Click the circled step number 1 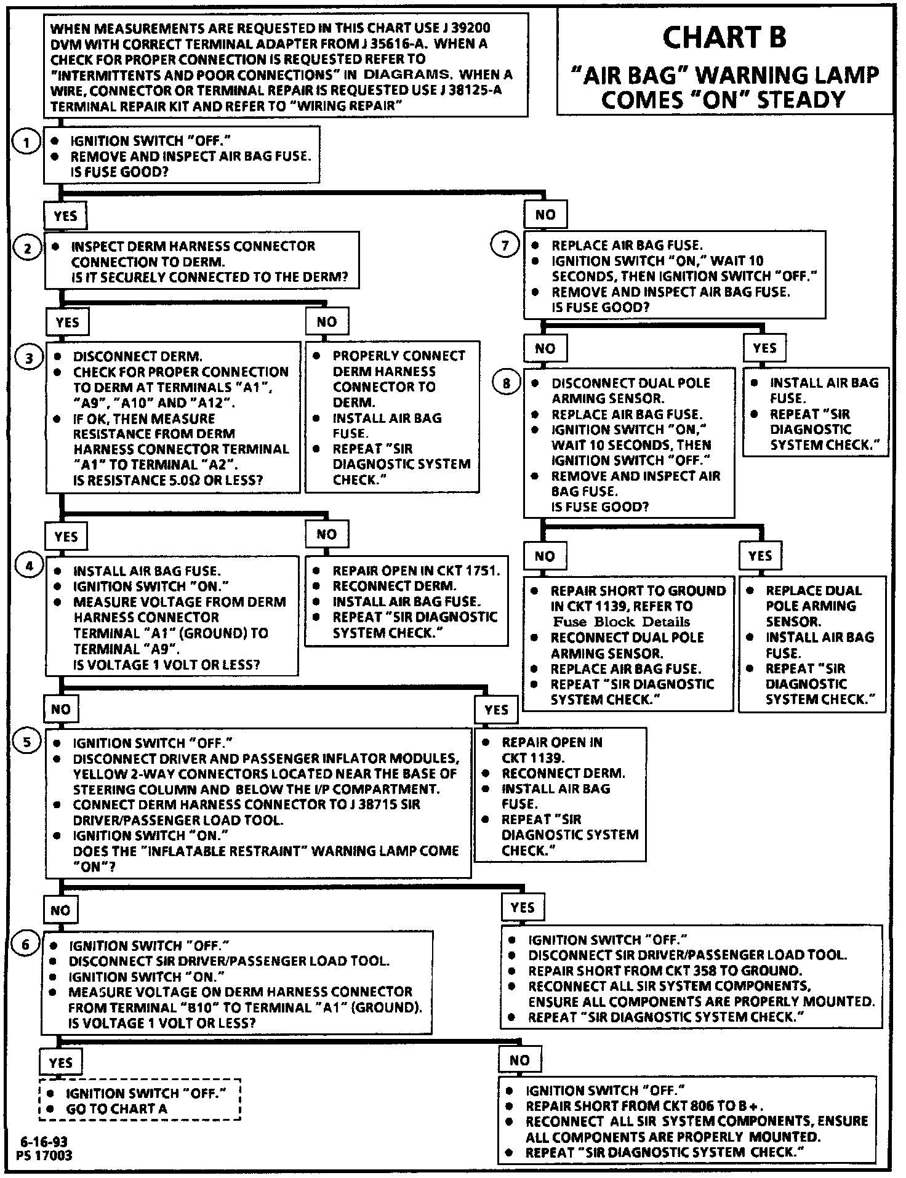(x=26, y=143)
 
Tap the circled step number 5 (x=28, y=742)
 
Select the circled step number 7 (x=505, y=246)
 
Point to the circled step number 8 (x=507, y=383)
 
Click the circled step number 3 (x=29, y=358)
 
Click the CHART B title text (x=724, y=38)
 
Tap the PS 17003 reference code (x=45, y=1155)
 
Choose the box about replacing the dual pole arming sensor (x=812, y=644)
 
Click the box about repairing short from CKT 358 (x=691, y=978)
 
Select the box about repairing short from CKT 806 (x=688, y=1120)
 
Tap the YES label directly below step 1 (x=65, y=216)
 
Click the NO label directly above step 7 (x=545, y=215)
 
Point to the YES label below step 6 (x=61, y=1063)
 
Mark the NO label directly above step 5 (x=61, y=709)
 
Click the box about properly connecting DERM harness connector (x=393, y=417)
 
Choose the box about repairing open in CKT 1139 (x=560, y=795)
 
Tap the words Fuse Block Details (x=621, y=622)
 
